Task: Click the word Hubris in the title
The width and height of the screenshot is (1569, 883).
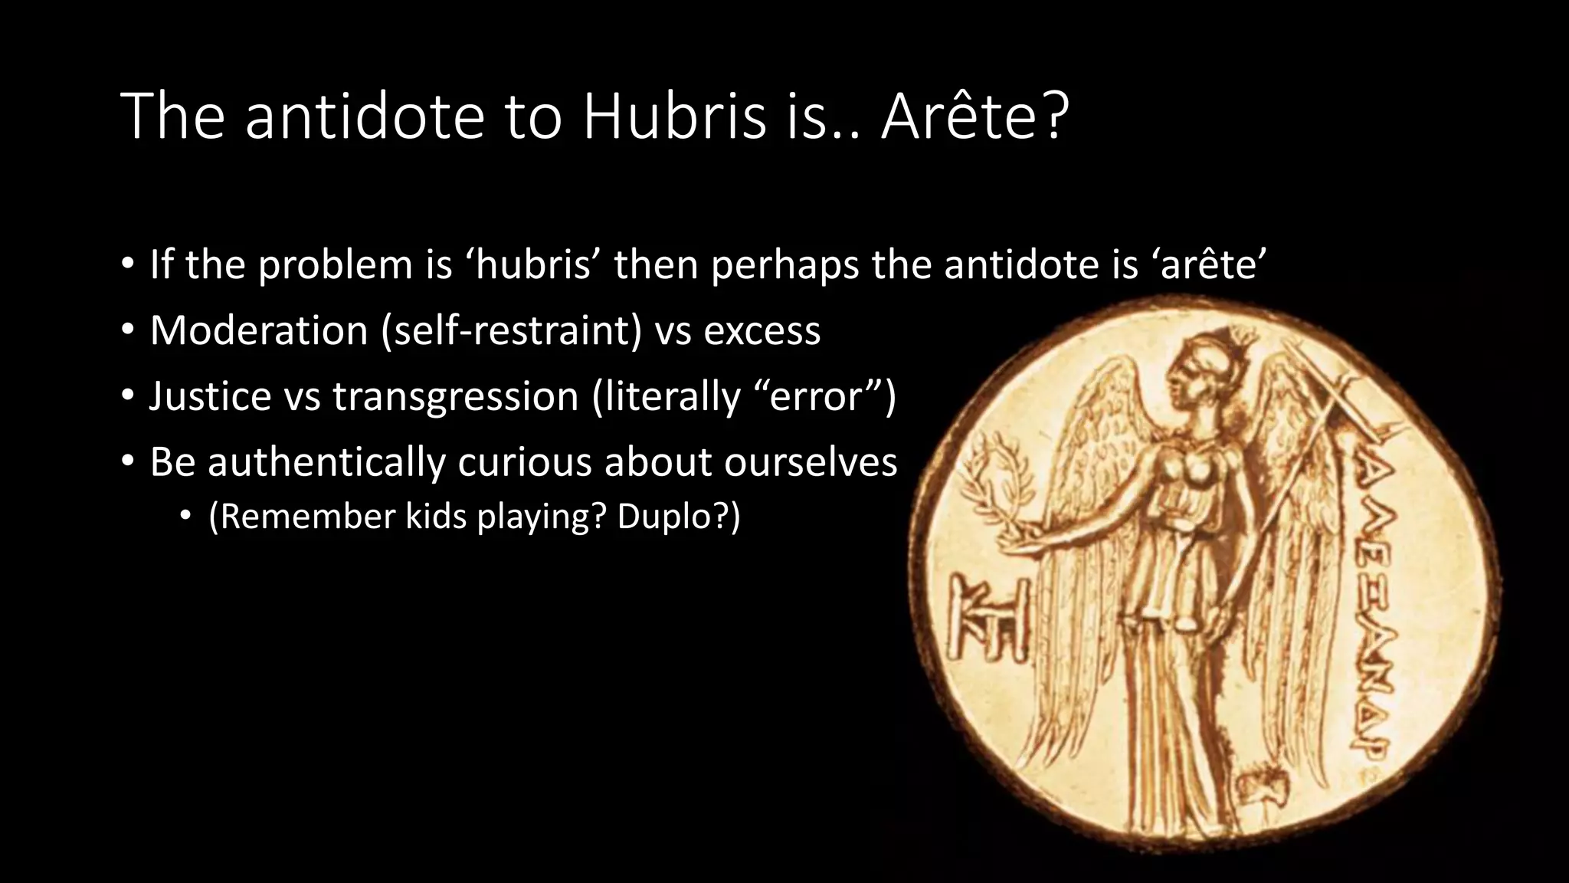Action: coord(673,117)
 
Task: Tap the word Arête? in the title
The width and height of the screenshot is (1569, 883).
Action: coord(974,117)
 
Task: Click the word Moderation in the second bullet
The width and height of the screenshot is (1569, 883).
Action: coord(259,330)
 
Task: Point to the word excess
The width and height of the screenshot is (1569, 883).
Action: coord(762,330)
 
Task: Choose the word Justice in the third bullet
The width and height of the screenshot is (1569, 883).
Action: coord(211,396)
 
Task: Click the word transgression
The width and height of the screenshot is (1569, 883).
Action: coord(455,396)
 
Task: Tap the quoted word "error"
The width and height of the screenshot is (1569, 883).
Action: coord(814,396)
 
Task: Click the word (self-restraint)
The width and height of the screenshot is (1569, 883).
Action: coord(512,330)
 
